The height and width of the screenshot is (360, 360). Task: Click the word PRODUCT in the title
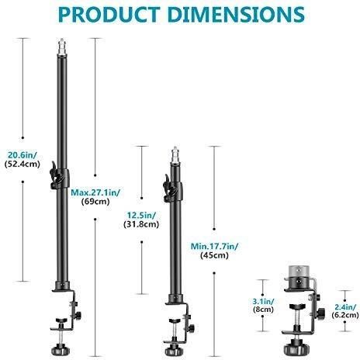click(x=109, y=15)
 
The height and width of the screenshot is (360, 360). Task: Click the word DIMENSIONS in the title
click(x=236, y=15)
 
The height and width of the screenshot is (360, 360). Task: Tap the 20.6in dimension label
click(x=22, y=155)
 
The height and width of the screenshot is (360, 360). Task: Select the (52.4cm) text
click(x=22, y=164)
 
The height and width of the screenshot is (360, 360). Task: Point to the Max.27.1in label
click(x=95, y=192)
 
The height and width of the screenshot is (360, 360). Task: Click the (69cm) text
click(x=95, y=202)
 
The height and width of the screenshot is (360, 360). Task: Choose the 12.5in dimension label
click(x=141, y=215)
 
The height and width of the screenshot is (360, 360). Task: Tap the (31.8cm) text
click(x=141, y=224)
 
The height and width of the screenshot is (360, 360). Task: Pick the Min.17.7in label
click(x=215, y=247)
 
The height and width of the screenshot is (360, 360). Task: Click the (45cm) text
click(x=214, y=255)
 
